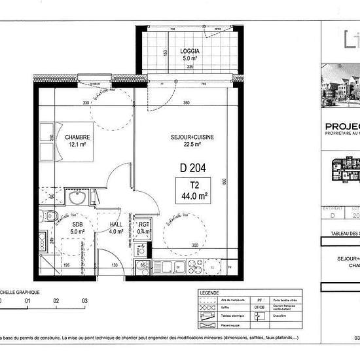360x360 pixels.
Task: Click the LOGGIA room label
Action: [x=191, y=50]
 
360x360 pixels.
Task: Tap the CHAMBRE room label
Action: [x=77, y=137]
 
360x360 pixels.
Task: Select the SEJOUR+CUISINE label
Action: [x=192, y=137]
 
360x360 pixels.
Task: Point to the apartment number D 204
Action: [x=193, y=168]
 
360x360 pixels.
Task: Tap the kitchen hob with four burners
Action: [x=196, y=266]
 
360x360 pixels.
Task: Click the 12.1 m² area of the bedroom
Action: [x=77, y=145]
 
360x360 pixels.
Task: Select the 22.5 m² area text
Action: [x=192, y=145]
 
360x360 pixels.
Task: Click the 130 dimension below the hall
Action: [x=115, y=265]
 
